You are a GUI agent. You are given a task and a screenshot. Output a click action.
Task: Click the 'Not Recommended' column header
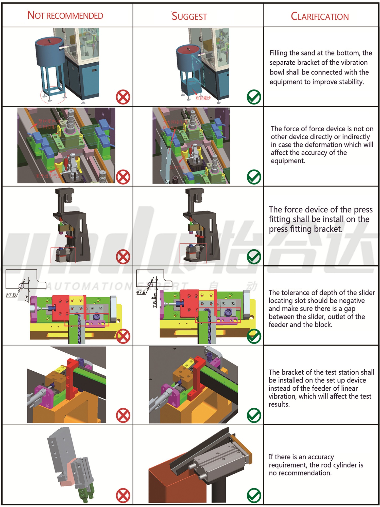(x=65, y=16)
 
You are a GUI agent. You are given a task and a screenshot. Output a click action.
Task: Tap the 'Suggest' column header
(x=189, y=16)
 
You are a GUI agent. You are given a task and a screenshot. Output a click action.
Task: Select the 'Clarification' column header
(x=320, y=16)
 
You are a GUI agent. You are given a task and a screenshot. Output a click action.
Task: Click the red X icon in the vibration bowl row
(x=123, y=97)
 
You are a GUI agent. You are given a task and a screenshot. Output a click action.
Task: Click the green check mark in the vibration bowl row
(x=254, y=97)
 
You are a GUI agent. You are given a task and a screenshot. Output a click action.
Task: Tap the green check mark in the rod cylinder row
(x=254, y=495)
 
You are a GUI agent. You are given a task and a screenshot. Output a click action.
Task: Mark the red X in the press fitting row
(x=123, y=257)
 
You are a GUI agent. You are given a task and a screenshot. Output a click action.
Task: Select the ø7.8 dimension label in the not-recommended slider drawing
(x=11, y=295)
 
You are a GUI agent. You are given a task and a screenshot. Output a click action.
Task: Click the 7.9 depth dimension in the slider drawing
(x=26, y=299)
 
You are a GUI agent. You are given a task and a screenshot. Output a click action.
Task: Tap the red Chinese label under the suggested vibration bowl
(x=203, y=98)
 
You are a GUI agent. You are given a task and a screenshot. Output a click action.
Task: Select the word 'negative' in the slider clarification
(x=351, y=301)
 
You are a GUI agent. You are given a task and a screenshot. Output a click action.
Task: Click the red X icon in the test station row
(x=123, y=415)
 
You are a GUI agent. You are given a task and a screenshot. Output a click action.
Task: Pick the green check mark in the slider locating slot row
(x=254, y=336)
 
